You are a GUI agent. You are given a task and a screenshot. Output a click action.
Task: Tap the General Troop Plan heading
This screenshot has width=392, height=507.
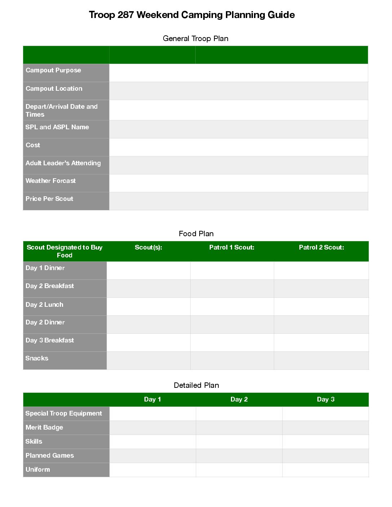[x=195, y=39]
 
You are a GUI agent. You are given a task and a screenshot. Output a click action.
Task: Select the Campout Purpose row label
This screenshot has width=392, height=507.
[x=53, y=70]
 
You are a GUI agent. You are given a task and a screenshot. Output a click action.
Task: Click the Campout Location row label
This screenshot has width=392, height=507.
[x=54, y=89]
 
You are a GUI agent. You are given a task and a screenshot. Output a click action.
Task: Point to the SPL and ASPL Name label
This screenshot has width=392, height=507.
[x=57, y=127]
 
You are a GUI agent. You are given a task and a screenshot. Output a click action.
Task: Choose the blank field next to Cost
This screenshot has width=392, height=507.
[x=238, y=147]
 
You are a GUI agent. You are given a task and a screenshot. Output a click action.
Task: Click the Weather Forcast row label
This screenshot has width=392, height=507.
[x=51, y=181]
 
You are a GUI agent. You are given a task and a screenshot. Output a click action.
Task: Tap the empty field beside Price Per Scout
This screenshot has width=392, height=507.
[x=238, y=201]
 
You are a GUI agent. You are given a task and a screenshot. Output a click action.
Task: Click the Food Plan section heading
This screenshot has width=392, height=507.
[x=196, y=234]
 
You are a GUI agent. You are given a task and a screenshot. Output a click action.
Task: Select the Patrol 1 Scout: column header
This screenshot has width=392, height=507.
[x=232, y=247]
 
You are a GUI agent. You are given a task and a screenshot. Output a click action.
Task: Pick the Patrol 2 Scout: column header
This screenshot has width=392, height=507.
[x=321, y=247]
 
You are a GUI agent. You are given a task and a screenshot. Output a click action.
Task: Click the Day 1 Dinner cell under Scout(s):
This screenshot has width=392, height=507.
[x=148, y=270]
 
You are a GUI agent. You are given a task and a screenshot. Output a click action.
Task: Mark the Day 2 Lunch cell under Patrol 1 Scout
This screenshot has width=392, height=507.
[x=232, y=306]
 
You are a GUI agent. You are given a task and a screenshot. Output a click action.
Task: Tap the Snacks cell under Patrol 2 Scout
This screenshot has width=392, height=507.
[x=321, y=360]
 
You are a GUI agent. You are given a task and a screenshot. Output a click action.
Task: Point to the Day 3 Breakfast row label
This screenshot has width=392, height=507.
[x=50, y=340]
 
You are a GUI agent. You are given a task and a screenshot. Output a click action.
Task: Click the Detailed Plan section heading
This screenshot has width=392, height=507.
[x=196, y=385]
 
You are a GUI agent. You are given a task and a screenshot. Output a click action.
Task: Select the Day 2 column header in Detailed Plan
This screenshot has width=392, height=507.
[x=239, y=399]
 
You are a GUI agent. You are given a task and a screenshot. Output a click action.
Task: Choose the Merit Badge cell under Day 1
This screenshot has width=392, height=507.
[x=153, y=428]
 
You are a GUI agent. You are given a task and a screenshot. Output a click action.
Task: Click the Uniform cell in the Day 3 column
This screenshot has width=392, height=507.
[x=326, y=470]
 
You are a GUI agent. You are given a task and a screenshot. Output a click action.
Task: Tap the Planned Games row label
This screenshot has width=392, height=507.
[x=50, y=456]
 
